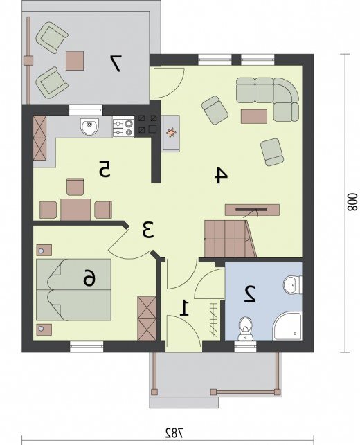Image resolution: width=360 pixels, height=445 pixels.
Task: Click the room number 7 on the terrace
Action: [x=116, y=63]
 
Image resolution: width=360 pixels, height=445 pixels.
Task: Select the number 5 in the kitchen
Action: [x=105, y=169]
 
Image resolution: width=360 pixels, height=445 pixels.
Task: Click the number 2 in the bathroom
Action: [x=250, y=294]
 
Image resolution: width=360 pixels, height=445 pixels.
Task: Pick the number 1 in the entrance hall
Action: [x=185, y=308]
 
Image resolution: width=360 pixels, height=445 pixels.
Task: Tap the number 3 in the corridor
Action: [x=148, y=230]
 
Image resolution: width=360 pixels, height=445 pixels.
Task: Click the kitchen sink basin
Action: [x=90, y=127]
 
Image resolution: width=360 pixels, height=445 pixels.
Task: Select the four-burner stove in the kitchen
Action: [x=123, y=127]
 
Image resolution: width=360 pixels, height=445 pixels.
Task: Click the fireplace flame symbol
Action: [x=170, y=132]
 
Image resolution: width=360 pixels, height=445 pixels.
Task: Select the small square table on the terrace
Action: [x=75, y=60]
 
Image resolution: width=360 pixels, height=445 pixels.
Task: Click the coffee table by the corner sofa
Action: [x=254, y=116]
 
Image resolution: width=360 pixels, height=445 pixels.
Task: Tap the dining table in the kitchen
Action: [x=75, y=210]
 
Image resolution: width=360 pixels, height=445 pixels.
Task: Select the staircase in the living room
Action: [x=231, y=239]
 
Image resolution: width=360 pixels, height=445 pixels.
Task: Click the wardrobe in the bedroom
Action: [x=147, y=318]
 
